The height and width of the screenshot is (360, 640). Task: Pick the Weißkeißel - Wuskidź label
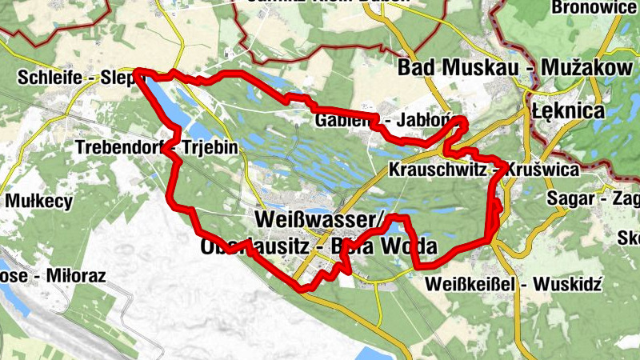pyautogui.click(x=514, y=285)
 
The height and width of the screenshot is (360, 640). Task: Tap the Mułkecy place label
pyautogui.click(x=39, y=201)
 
